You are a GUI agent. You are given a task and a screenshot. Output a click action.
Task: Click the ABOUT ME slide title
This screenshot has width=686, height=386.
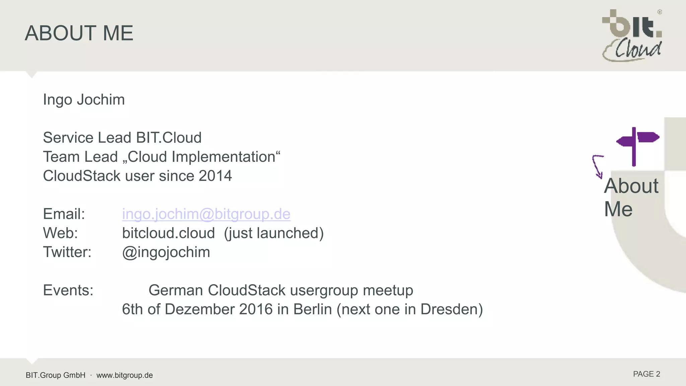click(79, 33)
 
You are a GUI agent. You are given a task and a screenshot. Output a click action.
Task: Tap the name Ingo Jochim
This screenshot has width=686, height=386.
click(84, 100)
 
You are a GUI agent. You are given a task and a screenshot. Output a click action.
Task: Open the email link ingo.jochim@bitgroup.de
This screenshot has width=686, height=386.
click(206, 214)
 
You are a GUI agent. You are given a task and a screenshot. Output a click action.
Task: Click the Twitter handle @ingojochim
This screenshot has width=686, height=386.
click(166, 252)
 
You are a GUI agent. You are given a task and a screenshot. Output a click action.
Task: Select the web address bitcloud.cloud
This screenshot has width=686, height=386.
click(168, 233)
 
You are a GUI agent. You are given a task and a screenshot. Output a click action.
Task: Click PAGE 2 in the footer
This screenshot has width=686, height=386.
click(646, 374)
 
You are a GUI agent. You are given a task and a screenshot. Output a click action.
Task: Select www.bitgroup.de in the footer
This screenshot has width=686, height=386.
click(125, 375)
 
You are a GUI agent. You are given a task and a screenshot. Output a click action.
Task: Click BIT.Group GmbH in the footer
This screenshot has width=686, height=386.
click(56, 375)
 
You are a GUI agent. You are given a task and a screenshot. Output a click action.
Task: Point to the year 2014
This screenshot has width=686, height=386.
click(215, 176)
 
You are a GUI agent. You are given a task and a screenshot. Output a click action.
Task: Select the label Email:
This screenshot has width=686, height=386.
click(64, 214)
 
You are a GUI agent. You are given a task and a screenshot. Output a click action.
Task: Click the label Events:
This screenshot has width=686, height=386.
click(68, 290)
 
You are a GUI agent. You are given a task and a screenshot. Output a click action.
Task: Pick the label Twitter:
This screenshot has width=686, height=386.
click(67, 252)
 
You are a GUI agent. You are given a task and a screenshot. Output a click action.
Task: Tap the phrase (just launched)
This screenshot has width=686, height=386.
click(274, 233)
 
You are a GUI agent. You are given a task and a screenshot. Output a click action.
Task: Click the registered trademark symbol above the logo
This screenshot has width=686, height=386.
click(660, 12)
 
